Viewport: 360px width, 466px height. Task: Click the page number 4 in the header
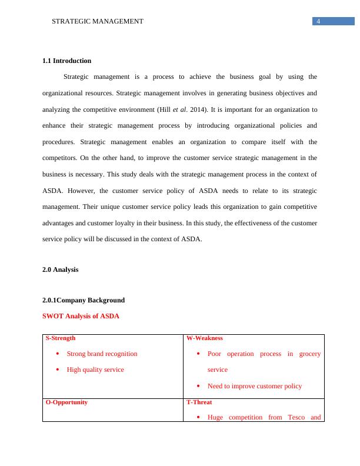tap(318, 21)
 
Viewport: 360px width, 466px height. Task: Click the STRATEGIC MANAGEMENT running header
tap(98, 21)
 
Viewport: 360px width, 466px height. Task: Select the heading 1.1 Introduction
tap(66, 61)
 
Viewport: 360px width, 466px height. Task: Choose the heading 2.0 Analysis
tap(60, 269)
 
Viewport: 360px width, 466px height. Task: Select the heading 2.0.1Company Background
tap(83, 299)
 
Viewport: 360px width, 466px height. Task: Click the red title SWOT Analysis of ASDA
tap(81, 316)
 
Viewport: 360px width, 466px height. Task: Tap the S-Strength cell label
tap(61, 338)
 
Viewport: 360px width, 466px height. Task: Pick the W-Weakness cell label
tap(204, 338)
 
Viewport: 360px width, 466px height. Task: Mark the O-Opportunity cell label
tap(66, 402)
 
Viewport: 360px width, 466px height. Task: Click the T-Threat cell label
tap(199, 402)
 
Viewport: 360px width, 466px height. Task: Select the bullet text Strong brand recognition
tap(102, 354)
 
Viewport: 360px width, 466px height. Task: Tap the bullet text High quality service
tap(95, 370)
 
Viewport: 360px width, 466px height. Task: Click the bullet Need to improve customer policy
tap(255, 386)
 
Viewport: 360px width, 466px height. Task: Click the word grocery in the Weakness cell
tap(310, 354)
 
